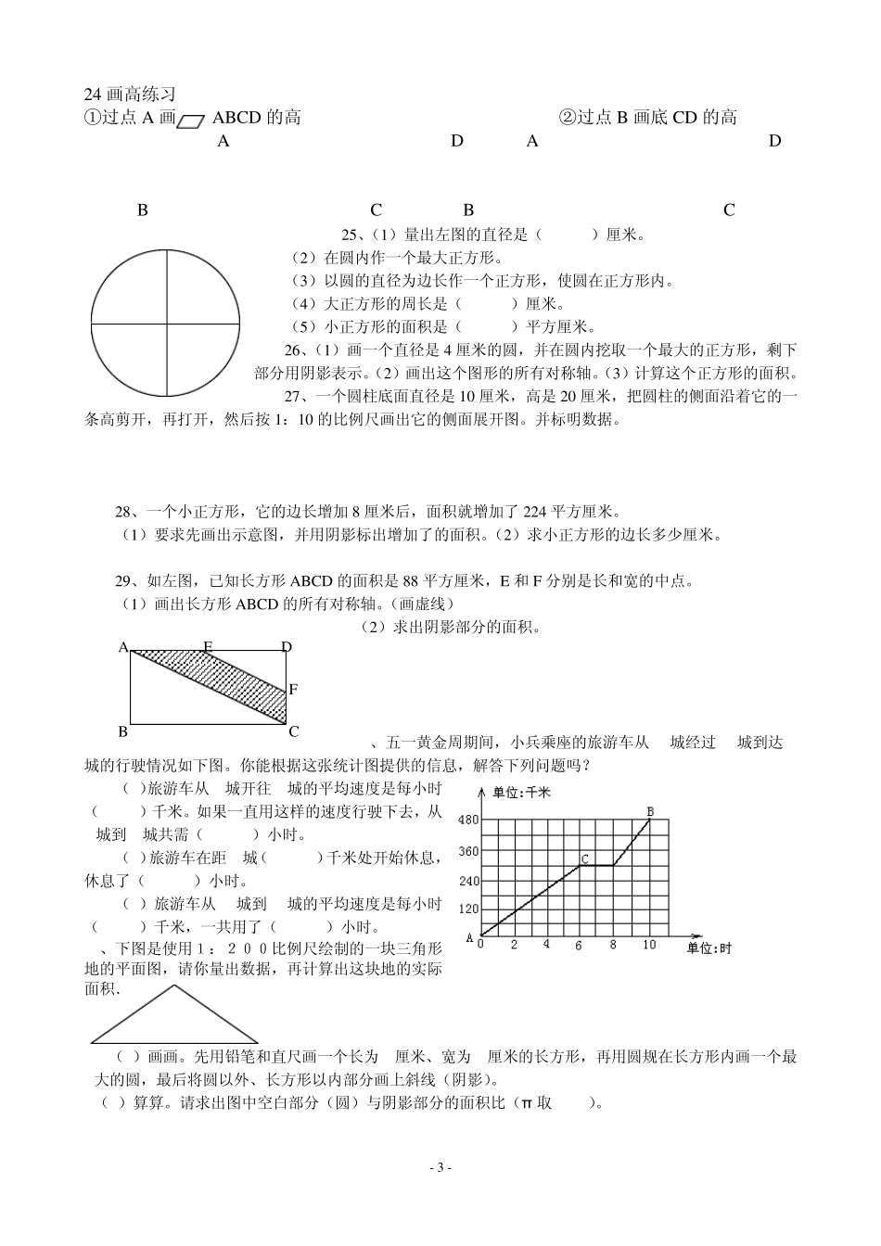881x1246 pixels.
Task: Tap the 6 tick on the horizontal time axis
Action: [579, 945]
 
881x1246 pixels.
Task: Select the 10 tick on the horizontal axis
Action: [649, 945]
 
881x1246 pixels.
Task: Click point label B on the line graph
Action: [650, 811]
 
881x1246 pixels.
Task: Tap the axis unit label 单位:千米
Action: [521, 792]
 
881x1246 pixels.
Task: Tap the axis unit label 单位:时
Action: [709, 947]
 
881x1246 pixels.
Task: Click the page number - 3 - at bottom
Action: [440, 1167]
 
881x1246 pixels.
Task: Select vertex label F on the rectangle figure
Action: [293, 689]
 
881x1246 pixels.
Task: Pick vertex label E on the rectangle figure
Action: [208, 647]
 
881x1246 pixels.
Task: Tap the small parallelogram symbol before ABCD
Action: [192, 120]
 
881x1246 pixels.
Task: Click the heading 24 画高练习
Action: [129, 94]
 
